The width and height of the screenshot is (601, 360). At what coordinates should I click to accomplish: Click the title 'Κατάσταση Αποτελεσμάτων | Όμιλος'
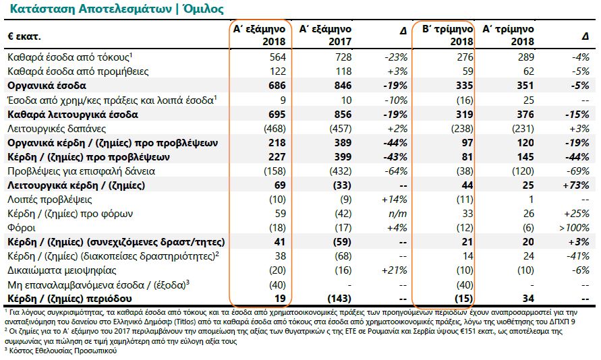(115, 9)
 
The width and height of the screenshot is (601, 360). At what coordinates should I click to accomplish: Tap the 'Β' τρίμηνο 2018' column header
(444, 35)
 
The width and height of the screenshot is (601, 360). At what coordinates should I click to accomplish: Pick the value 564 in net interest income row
(277, 58)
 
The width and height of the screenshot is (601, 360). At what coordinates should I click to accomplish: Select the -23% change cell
(395, 58)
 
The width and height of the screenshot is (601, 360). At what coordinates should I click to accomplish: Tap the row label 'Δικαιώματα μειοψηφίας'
(59, 270)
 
